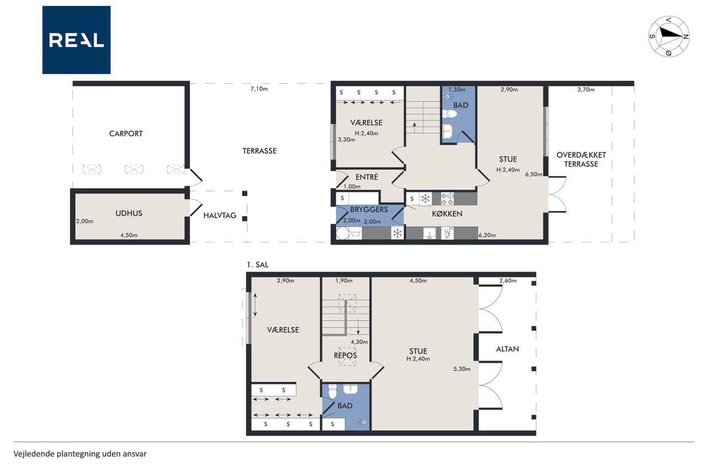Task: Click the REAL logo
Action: tap(76, 40)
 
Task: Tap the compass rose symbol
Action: tap(669, 36)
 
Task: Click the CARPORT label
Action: tap(126, 134)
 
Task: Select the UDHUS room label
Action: tap(129, 213)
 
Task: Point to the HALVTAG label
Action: tap(220, 215)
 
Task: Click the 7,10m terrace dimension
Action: tap(259, 89)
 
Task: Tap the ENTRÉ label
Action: tap(367, 177)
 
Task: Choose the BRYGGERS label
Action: tap(369, 209)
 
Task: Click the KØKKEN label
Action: tap(447, 214)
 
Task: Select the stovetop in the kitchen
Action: tap(447, 199)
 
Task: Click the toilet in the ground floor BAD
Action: tap(450, 114)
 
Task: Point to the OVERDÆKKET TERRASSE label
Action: tap(581, 160)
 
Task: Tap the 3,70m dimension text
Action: tap(586, 89)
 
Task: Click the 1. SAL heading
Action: tap(257, 265)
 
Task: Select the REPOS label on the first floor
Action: tap(345, 356)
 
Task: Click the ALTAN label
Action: tap(508, 349)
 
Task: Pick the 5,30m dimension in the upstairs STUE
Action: tap(462, 369)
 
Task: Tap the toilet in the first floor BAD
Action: tap(333, 391)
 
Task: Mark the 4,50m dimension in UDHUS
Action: tap(129, 235)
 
